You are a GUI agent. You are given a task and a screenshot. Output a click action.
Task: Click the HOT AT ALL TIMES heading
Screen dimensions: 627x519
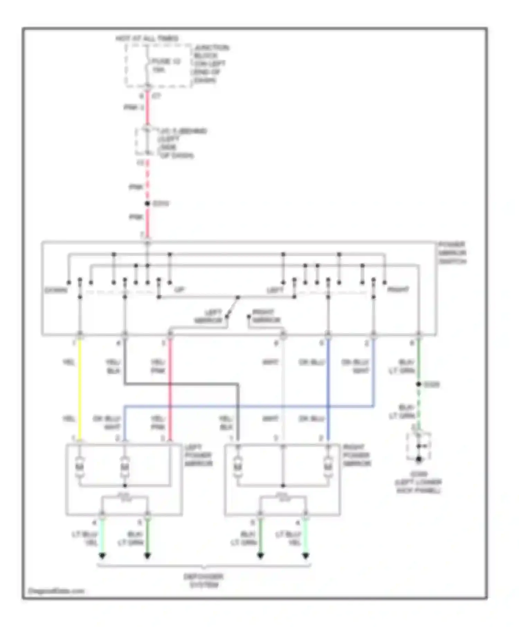[147, 38]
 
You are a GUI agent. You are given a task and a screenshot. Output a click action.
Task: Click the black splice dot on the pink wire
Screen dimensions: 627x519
[147, 204]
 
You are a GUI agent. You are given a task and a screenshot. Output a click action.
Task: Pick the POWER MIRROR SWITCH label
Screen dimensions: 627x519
[452, 253]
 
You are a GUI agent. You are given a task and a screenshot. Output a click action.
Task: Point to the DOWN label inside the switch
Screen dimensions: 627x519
[56, 290]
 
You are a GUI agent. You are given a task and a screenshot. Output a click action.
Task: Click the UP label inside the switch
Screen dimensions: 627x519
[179, 290]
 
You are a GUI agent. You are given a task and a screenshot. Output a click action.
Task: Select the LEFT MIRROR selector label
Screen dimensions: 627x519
[209, 316]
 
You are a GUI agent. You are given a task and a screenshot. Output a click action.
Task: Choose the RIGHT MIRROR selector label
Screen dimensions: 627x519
[265, 316]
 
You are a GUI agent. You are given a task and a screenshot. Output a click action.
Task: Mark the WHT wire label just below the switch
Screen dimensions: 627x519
[270, 362]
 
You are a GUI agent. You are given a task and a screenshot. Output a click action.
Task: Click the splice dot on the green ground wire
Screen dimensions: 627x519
[418, 384]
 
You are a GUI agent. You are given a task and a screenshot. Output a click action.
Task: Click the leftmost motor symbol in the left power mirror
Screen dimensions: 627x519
[80, 467]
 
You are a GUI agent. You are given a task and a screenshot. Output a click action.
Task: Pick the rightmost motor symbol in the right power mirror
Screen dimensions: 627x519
[328, 467]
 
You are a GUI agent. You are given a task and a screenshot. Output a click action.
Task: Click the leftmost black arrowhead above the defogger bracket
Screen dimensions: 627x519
[102, 556]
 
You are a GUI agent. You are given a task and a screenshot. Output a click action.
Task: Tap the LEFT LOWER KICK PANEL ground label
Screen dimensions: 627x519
[418, 482]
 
